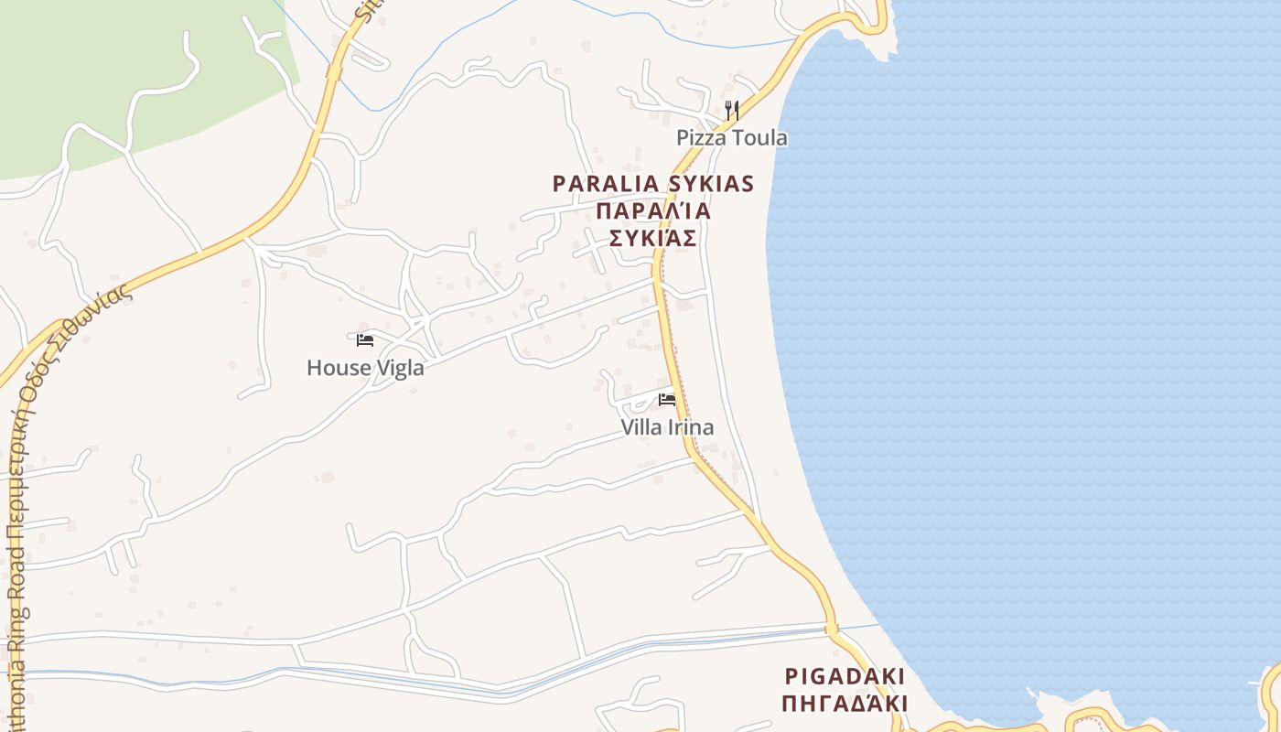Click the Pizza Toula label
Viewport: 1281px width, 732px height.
731,138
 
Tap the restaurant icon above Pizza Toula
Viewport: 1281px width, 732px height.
731,111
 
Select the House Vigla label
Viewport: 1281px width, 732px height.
365,368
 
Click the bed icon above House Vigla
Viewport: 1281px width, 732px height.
365,340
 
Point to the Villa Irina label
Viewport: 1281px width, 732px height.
667,427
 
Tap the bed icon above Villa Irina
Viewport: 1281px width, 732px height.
667,400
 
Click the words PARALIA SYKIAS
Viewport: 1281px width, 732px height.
653,184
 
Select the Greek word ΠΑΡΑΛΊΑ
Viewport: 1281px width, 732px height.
653,211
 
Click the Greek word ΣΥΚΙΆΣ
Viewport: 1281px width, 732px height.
653,239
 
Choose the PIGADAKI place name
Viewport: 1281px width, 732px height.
845,677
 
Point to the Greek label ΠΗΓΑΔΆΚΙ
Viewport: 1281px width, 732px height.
845,704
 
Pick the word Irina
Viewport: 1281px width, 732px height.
691,427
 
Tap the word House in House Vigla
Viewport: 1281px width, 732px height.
335,368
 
